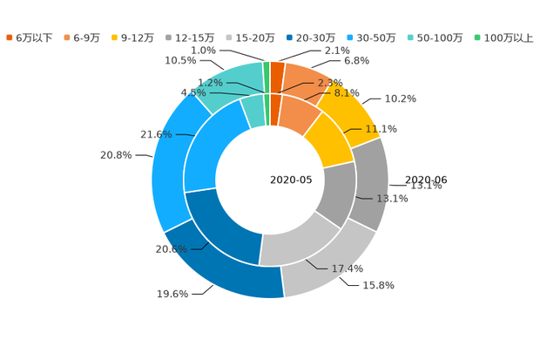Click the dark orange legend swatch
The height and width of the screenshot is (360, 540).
coord(10,37)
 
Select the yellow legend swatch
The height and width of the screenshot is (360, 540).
coord(115,37)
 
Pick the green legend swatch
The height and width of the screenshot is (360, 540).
coord(477,37)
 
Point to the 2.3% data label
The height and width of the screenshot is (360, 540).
coord(330,83)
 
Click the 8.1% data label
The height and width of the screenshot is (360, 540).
coord(347,93)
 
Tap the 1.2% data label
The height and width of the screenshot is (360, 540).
coord(211,83)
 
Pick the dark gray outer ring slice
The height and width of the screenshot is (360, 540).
coord(375,183)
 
